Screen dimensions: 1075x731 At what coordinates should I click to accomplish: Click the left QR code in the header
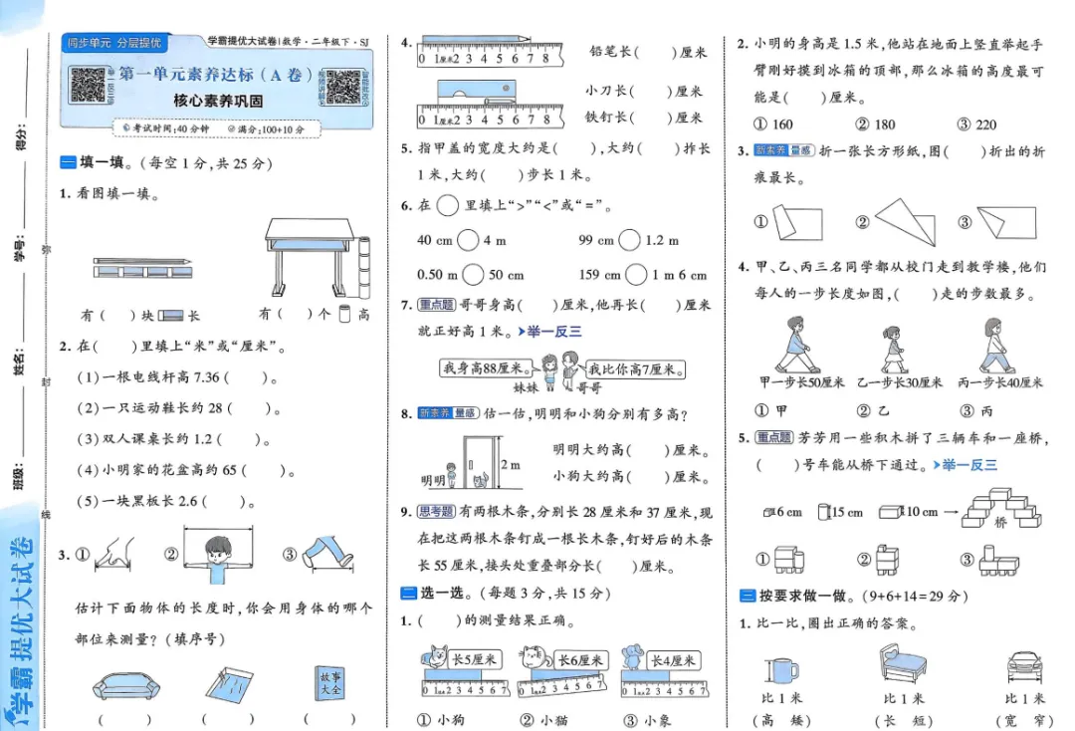pyautogui.click(x=88, y=85)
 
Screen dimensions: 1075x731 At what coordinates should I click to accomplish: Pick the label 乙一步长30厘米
pyautogui.click(x=900, y=382)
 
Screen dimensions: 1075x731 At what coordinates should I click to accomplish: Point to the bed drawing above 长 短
pyautogui.click(x=902, y=665)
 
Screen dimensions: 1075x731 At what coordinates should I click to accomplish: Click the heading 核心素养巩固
pyautogui.click(x=218, y=101)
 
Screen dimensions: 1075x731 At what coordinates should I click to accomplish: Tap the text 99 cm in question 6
pyautogui.click(x=597, y=240)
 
